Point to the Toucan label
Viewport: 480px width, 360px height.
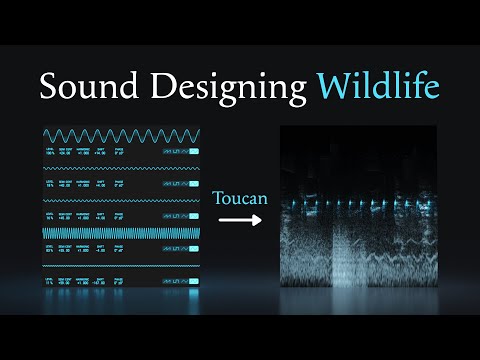tap(240, 199)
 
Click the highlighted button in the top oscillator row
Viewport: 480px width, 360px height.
tap(193, 152)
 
